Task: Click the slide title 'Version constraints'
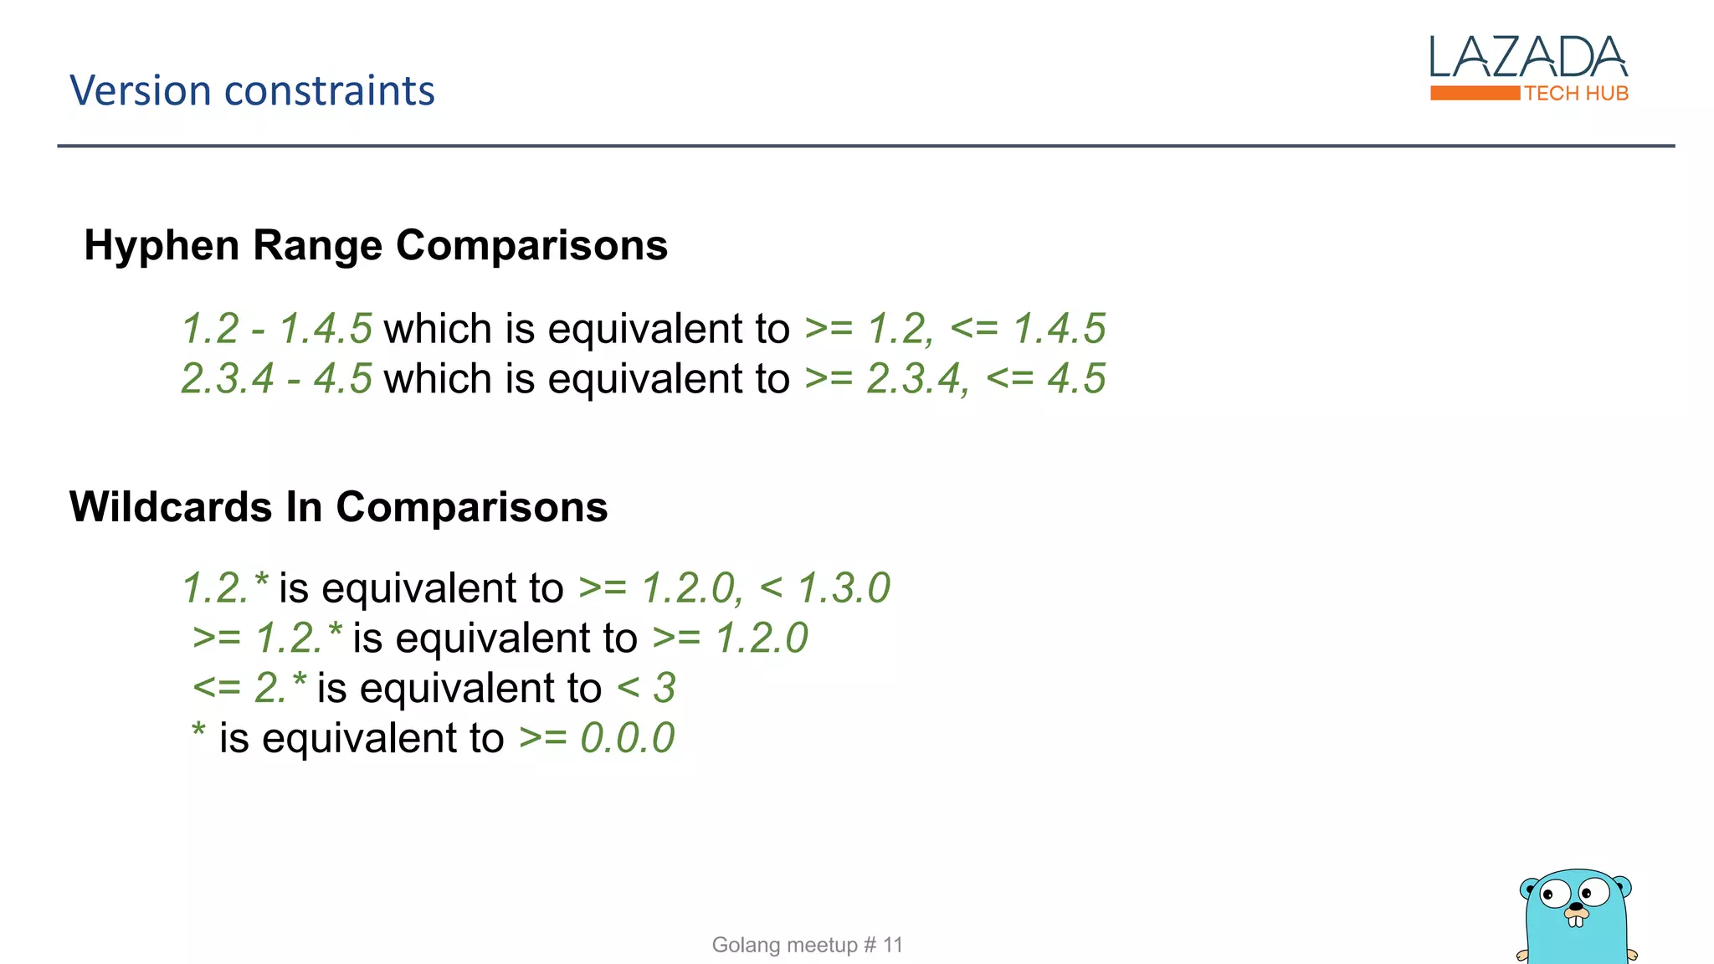(252, 90)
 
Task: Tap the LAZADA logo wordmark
(1528, 58)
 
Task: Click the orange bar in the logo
(1475, 93)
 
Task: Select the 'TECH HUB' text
(1577, 94)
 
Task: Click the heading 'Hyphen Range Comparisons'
(376, 245)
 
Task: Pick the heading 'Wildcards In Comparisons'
(338, 507)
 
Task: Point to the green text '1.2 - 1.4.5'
(277, 328)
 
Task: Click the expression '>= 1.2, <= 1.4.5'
(955, 328)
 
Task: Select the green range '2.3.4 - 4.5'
(277, 378)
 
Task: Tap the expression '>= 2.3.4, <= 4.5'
(955, 378)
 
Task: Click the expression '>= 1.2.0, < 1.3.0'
(734, 587)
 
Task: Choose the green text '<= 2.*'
(249, 688)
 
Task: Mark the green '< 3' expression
(646, 688)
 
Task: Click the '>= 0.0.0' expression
(597, 738)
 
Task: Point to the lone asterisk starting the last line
(198, 731)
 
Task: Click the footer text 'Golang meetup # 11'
(807, 945)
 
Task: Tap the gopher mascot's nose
(1577, 906)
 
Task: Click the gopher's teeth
(1577, 921)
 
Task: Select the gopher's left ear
(1529, 886)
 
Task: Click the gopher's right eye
(1594, 890)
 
